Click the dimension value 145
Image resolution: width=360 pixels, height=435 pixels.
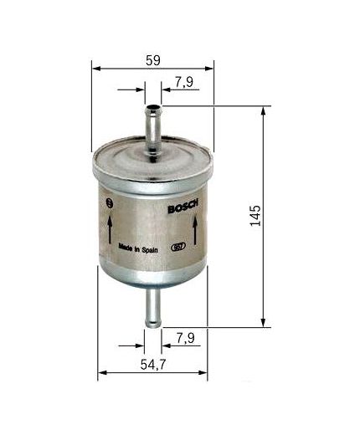pyautogui.click(x=255, y=215)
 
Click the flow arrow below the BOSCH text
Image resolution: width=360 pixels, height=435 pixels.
pyautogui.click(x=194, y=228)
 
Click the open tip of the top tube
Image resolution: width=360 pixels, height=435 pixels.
pyautogui.click(x=152, y=107)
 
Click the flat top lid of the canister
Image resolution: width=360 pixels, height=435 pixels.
pyautogui.click(x=152, y=154)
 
